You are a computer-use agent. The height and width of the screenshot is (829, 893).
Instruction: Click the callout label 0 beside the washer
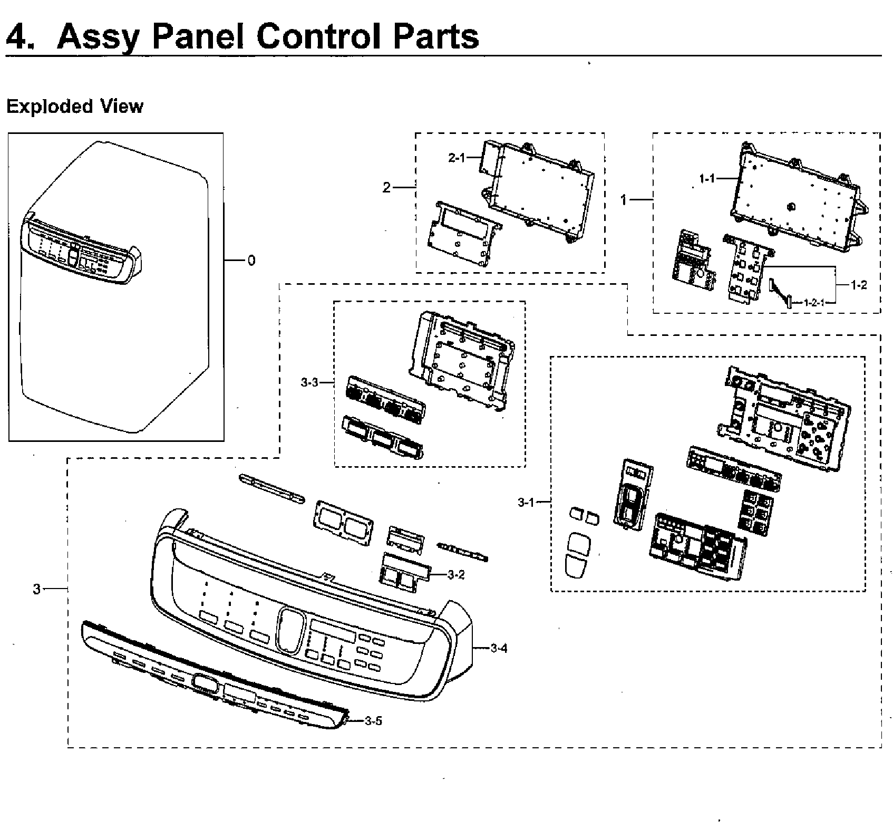tap(251, 261)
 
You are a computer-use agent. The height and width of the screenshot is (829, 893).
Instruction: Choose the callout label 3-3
tap(309, 382)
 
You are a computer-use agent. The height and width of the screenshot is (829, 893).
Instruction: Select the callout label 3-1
tap(526, 503)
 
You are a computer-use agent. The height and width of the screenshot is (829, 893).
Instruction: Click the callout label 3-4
tap(499, 649)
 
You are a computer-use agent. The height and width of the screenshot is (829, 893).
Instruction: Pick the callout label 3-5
tap(373, 721)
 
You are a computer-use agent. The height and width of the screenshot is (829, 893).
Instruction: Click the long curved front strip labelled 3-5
tap(211, 680)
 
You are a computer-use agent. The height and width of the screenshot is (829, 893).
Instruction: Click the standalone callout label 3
tap(36, 589)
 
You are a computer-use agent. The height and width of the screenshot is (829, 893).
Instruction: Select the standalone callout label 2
tap(386, 188)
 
